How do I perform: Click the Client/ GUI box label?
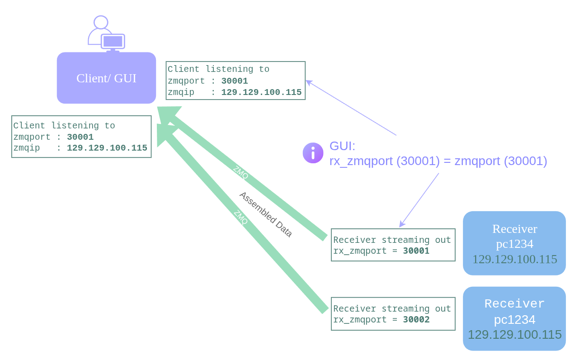(x=106, y=78)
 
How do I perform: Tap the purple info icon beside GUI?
(x=313, y=153)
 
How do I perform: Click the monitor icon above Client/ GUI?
(x=113, y=42)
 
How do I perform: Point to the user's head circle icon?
(x=101, y=22)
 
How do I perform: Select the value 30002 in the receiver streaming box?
(x=416, y=320)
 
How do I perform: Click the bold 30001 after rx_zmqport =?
(x=416, y=251)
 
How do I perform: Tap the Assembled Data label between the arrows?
(x=266, y=214)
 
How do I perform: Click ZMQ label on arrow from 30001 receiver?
(x=240, y=173)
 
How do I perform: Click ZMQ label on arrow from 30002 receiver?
(x=241, y=217)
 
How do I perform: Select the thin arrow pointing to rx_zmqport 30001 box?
(x=419, y=200)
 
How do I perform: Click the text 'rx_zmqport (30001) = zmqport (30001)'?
(x=438, y=161)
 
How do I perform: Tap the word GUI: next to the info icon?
(x=342, y=146)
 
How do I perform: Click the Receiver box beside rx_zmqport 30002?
(x=514, y=319)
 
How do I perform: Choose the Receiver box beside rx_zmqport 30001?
(x=514, y=243)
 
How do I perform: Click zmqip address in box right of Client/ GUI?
(x=261, y=93)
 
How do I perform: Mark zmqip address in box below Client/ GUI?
(x=107, y=148)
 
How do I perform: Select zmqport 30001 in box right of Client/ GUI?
(x=234, y=81)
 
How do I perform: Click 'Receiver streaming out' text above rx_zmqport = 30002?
(x=392, y=309)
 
